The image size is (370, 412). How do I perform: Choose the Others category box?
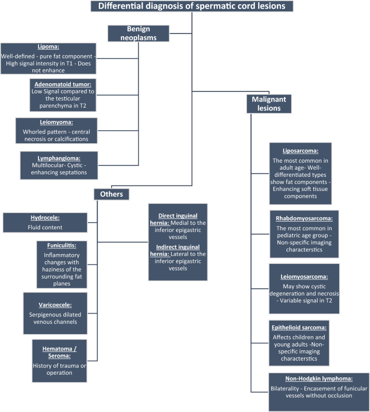click(111, 194)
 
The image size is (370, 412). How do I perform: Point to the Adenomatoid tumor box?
click(56, 95)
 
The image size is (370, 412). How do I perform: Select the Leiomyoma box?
click(56, 131)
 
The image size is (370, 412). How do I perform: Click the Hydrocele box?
click(44, 222)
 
